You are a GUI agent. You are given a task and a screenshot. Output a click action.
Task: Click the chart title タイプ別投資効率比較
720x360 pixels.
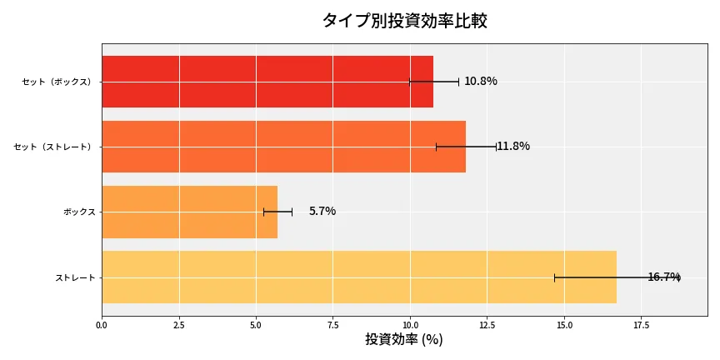[404, 21]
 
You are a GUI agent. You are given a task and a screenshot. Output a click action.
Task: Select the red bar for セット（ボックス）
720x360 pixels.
[267, 82]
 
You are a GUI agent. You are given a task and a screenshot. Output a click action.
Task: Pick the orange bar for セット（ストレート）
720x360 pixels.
[283, 147]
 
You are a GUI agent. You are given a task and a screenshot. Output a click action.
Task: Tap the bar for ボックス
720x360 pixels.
[189, 212]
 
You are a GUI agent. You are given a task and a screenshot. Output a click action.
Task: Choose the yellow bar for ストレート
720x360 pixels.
[358, 277]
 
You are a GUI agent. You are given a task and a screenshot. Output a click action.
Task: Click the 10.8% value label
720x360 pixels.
[481, 82]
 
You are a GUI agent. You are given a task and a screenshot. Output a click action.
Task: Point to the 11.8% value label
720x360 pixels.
[513, 147]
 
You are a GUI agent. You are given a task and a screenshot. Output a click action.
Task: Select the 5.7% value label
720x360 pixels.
[322, 212]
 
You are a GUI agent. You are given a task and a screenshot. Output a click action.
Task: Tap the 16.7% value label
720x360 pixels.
[663, 277]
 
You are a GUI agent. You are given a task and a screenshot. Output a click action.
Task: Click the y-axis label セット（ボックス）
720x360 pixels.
[57, 82]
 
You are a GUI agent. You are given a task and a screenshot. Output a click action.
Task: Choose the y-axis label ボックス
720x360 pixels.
[79, 212]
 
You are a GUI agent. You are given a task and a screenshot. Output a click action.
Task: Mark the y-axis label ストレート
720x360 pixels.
[75, 277]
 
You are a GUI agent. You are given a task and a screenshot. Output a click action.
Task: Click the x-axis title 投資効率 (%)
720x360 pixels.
[404, 340]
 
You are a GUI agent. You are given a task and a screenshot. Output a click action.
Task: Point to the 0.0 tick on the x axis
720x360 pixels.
[102, 324]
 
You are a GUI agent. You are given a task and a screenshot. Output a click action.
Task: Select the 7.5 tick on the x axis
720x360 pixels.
[332, 324]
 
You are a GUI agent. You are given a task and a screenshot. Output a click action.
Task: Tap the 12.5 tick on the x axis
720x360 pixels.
[487, 324]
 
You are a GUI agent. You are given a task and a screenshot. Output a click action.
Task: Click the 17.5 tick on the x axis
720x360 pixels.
[641, 324]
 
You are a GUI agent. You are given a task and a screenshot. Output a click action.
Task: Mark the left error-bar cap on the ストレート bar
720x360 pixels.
[554, 277]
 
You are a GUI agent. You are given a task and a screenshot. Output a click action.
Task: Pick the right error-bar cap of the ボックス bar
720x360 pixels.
[292, 212]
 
